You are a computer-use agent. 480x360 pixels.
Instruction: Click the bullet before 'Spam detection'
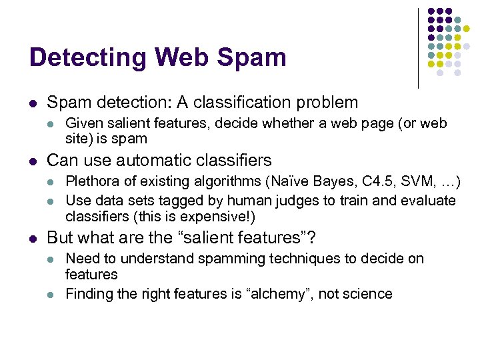pos(33,103)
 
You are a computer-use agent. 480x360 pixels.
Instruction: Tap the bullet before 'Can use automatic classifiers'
pos(33,161)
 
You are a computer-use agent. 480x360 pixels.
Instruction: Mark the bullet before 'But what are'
pos(33,238)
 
